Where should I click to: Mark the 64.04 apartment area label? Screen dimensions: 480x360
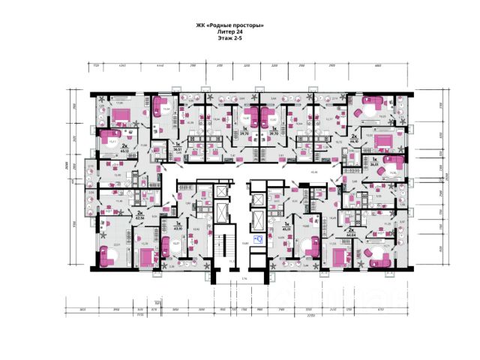pyautogui.click(x=352, y=232)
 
